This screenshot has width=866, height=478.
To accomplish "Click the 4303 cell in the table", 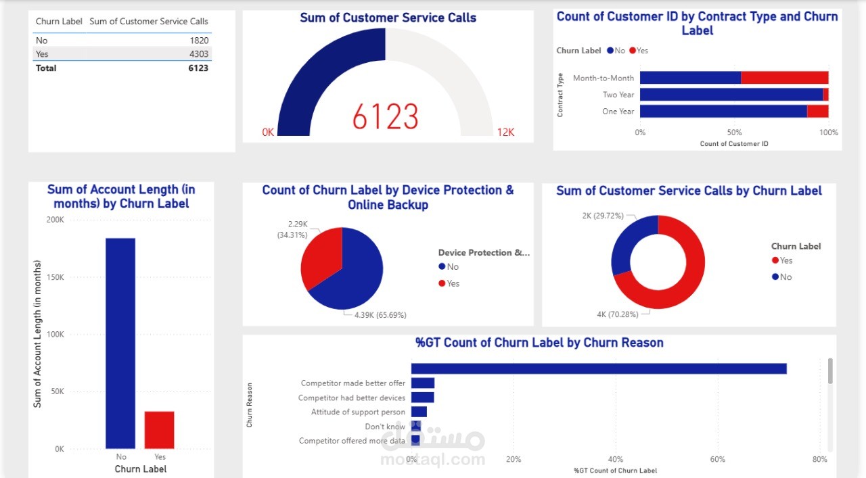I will (199, 54).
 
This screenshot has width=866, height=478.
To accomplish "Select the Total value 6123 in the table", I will (198, 68).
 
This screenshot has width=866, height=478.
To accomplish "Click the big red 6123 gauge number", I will (385, 117).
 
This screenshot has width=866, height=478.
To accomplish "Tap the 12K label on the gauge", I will (505, 133).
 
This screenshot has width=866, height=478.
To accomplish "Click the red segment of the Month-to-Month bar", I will (784, 78).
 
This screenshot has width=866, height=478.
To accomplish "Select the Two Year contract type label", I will (618, 95).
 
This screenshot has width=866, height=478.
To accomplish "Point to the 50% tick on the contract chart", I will (734, 133).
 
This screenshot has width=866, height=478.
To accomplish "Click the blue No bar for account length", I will (120, 343).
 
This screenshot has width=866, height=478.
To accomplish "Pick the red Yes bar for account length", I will (160, 430).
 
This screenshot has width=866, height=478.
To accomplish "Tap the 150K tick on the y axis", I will (55, 277).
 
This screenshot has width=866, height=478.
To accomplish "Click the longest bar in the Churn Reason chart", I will (599, 368).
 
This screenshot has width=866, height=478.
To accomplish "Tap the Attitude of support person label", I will (358, 412).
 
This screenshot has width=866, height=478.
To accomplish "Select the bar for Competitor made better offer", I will (423, 383).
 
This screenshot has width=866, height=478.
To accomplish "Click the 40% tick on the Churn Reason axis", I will (615, 460).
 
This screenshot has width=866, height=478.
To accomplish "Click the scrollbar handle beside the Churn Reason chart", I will (830, 371).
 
